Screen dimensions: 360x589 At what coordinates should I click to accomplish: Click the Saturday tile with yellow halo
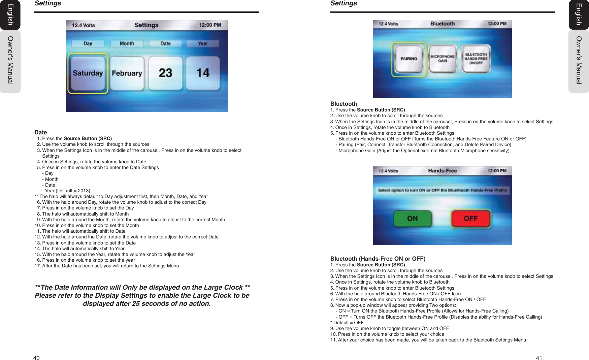[x=88, y=73]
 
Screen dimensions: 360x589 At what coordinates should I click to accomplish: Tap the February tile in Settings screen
[x=127, y=73]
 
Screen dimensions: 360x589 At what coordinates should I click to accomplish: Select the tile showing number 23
[x=165, y=73]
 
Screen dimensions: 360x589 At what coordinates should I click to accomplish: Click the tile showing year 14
[x=203, y=73]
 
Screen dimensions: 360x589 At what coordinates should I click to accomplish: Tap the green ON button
[x=412, y=219]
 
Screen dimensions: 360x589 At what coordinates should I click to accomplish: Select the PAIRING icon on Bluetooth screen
[x=409, y=59]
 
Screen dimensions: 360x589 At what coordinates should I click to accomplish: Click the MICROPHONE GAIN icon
[x=443, y=59]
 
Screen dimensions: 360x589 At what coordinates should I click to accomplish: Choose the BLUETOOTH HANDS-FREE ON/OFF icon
[x=476, y=59]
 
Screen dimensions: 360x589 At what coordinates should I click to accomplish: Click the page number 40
[x=36, y=358]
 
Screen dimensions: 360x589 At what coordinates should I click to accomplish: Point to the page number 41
[x=539, y=358]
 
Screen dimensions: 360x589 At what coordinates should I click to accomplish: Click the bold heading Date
[x=41, y=132]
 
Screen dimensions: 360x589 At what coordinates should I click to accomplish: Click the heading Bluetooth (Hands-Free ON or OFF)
[x=378, y=259]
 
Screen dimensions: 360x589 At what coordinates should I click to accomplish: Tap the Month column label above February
[x=127, y=43]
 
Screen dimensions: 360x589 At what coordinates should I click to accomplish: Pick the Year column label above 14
[x=203, y=43]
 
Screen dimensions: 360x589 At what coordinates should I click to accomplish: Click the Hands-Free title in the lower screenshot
[x=442, y=171]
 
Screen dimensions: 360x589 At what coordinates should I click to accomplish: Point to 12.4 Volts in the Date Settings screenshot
[x=84, y=25]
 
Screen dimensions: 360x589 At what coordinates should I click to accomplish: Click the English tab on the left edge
[x=10, y=14]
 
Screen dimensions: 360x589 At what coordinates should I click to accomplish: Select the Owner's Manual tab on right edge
[x=579, y=60]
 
